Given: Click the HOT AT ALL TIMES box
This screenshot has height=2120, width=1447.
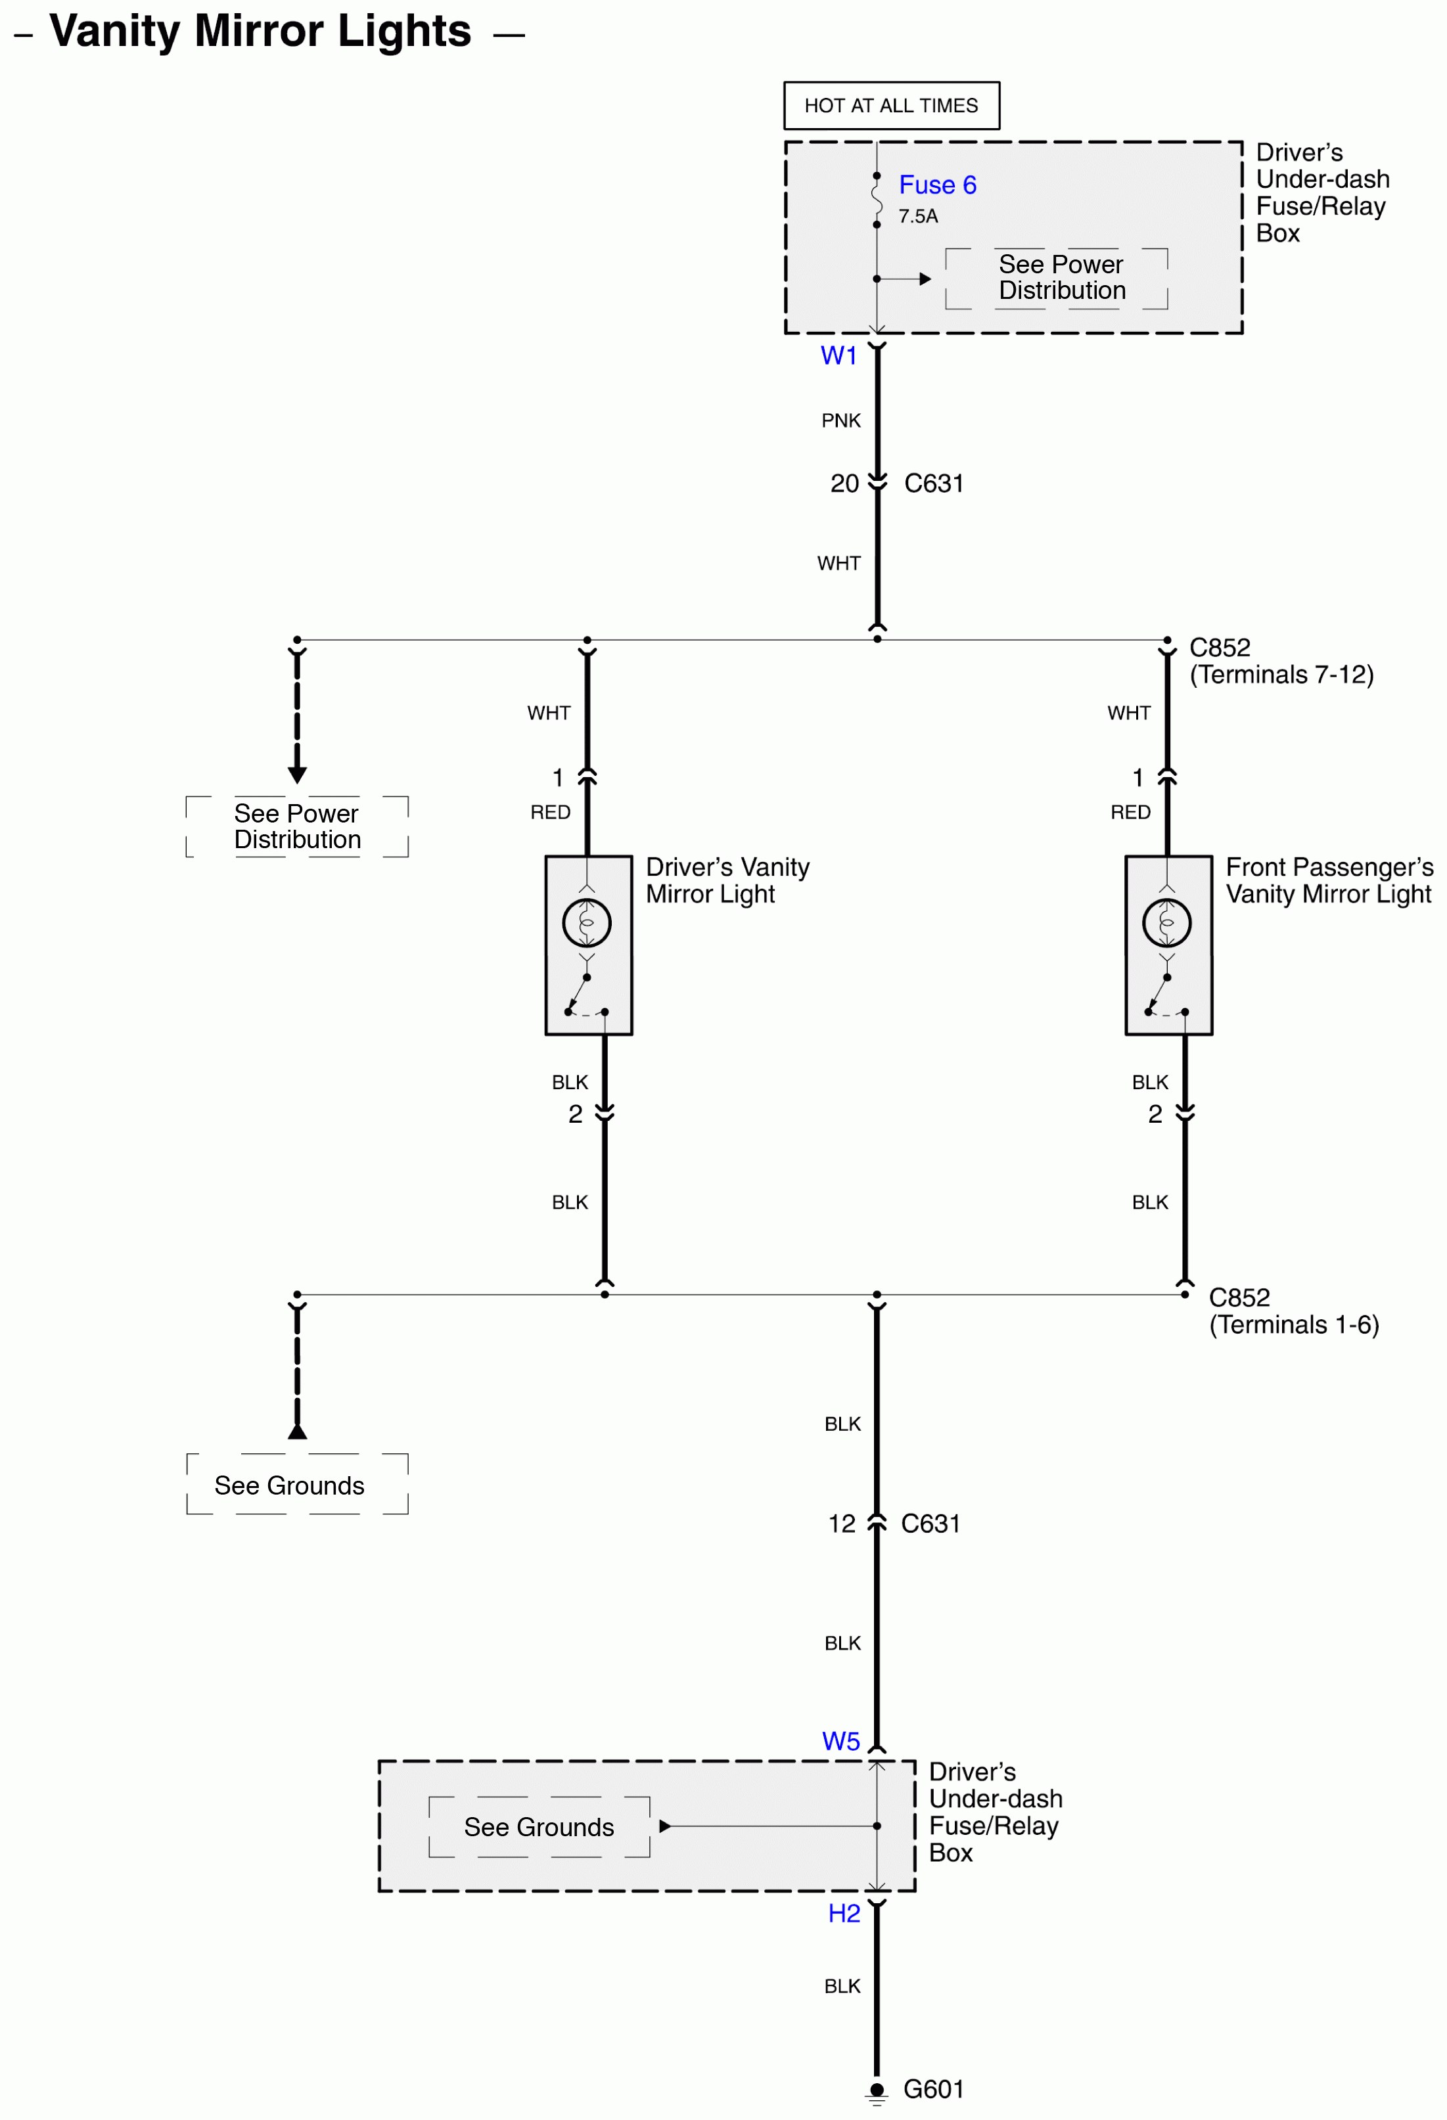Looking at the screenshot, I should click(x=890, y=106).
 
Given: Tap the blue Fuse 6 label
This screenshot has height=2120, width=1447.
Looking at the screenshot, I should click(x=937, y=185).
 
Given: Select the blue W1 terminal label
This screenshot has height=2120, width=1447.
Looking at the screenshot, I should click(x=838, y=356).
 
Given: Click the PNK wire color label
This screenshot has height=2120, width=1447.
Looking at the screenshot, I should click(x=840, y=420).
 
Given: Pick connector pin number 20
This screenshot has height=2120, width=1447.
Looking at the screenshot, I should click(x=844, y=484).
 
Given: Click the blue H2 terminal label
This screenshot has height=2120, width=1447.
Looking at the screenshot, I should click(x=844, y=1913).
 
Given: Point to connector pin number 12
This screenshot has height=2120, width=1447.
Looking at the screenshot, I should click(x=841, y=1523).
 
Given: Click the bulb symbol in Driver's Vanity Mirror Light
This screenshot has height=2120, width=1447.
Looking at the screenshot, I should click(x=587, y=922).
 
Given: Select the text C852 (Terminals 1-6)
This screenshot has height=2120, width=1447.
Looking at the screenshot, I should click(x=1293, y=1311).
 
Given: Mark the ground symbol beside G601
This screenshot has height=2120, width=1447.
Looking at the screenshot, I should click(x=877, y=2091).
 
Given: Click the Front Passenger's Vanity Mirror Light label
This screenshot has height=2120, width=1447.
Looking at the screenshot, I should click(x=1329, y=880).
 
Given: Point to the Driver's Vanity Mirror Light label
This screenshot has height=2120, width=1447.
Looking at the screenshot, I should click(x=727, y=880).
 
